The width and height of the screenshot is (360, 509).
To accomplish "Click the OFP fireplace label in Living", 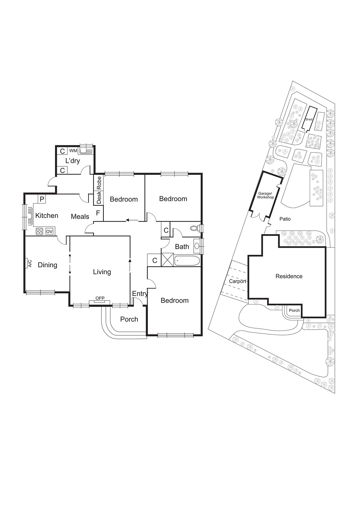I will [x=100, y=298].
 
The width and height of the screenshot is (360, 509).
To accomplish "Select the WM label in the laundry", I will [x=73, y=150].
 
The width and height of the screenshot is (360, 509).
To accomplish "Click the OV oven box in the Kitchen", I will [x=49, y=232].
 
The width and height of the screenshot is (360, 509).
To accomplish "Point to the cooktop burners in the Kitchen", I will [x=39, y=232].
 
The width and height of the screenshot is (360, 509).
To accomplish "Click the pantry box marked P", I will [x=42, y=199].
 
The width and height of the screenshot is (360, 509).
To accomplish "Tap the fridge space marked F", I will [x=98, y=213].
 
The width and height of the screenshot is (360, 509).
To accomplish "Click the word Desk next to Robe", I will [x=99, y=197].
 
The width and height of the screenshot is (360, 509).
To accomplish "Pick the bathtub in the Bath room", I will [x=187, y=261].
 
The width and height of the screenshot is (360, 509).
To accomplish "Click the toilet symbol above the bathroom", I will [x=194, y=228].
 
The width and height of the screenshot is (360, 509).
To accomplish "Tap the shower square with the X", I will [x=168, y=259].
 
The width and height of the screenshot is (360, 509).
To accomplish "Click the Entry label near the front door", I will [x=140, y=294].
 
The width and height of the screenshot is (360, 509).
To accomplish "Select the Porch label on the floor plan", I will [x=129, y=319].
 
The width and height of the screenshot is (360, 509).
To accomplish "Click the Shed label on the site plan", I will [x=308, y=120].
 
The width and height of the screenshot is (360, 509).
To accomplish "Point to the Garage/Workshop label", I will [x=265, y=195].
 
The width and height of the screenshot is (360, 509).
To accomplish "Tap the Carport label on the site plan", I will [x=238, y=281].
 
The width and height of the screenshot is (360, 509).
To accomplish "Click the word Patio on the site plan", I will [x=285, y=219].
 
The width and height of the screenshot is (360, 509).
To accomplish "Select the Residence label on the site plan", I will [x=289, y=276].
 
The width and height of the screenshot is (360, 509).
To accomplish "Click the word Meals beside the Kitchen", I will [x=80, y=217].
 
